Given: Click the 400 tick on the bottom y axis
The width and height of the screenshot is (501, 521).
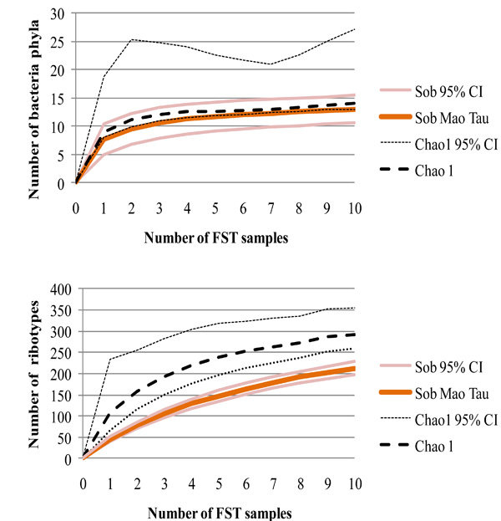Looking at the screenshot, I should (58, 289).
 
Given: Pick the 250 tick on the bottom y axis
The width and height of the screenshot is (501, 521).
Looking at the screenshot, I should (58, 352).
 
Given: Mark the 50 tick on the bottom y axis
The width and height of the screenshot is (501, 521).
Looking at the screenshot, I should (62, 437).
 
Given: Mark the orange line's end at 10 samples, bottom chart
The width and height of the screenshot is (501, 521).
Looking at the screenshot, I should (354, 369).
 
